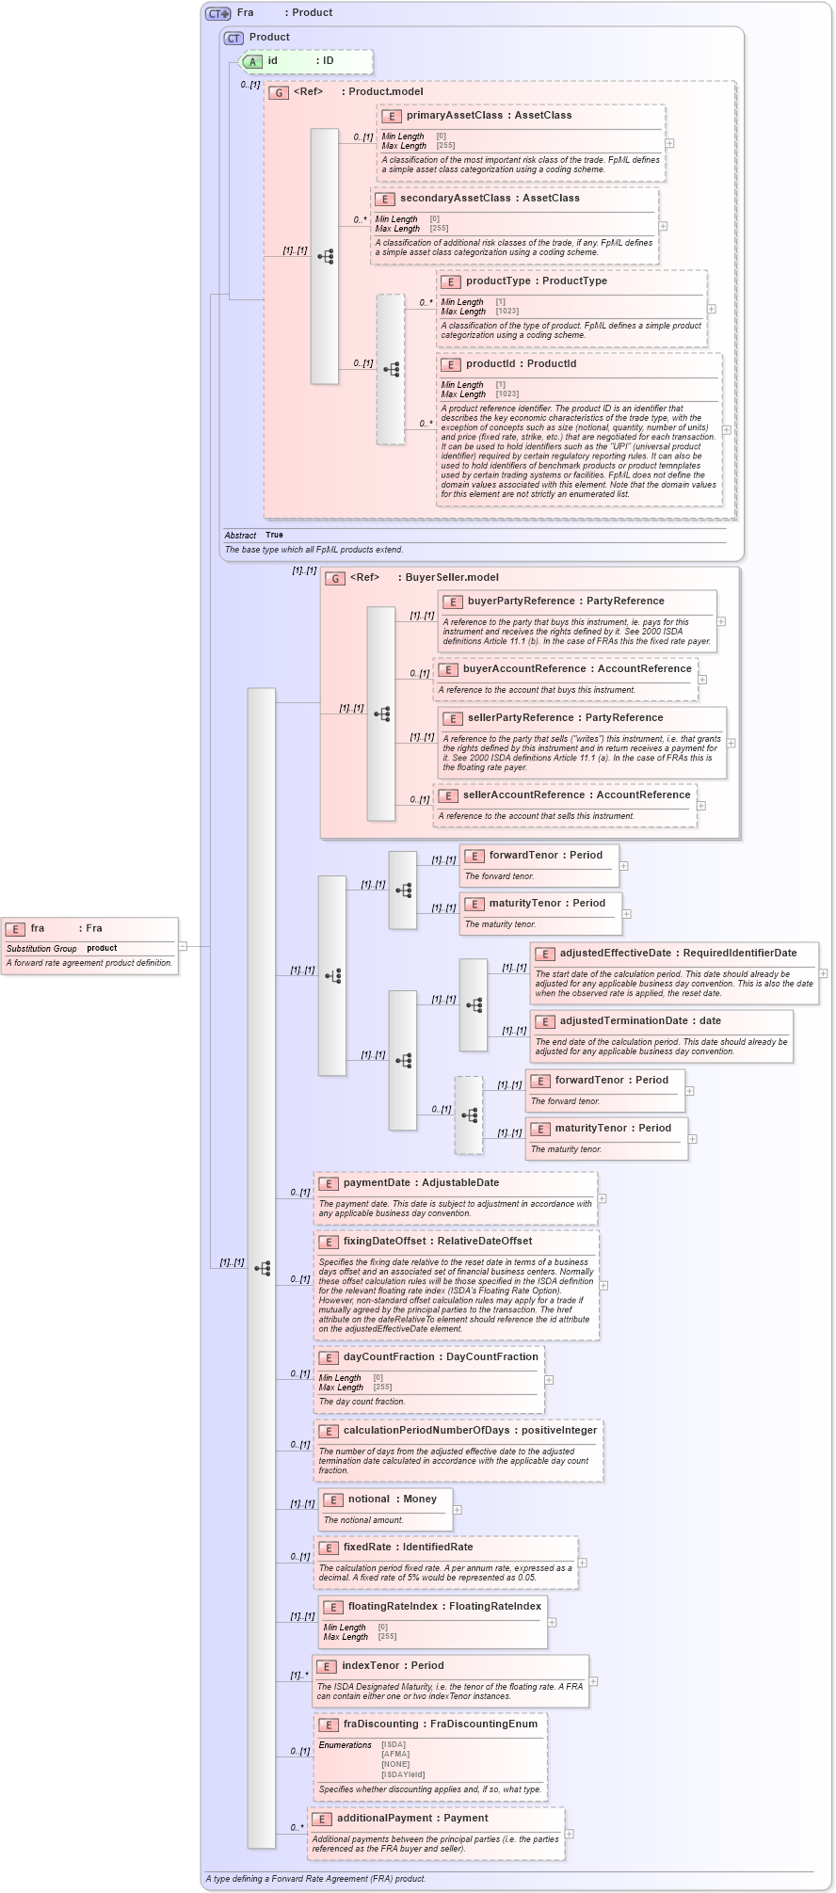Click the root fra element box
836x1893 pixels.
89,945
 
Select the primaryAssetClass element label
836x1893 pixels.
489,116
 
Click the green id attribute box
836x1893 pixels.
306,61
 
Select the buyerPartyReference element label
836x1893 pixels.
565,602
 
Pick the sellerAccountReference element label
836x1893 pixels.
576,795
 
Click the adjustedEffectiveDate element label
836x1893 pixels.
677,954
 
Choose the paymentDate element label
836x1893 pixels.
421,1183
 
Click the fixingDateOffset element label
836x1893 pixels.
437,1242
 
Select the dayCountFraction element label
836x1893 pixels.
441,1357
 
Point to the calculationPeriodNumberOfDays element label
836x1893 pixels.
470,1431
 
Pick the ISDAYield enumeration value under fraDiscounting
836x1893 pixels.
403,1774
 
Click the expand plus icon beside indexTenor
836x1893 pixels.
593,1681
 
